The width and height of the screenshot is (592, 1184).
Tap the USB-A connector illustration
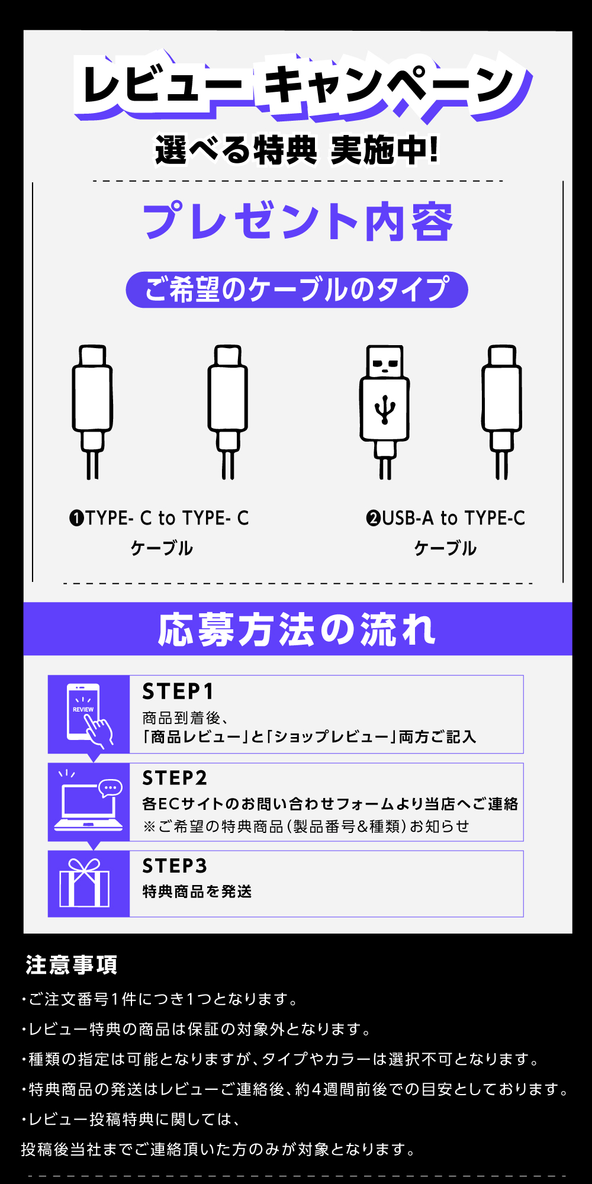pos(385,412)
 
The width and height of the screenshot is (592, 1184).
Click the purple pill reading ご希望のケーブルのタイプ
pos(297,289)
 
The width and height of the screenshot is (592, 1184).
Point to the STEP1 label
pos(178,691)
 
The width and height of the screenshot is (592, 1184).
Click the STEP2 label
pos(175,778)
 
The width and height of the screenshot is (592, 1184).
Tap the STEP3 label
pos(175,866)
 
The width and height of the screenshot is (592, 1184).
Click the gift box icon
pos(85,883)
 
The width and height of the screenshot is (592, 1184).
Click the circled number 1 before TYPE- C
pos(77,519)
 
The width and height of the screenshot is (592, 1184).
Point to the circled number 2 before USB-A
pos(374,519)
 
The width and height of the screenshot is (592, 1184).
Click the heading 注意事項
pos(71,965)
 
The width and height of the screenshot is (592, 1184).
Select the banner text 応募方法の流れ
pos(297,629)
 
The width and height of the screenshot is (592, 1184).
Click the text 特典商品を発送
pos(197,892)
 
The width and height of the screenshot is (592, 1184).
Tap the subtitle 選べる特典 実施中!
pos(297,150)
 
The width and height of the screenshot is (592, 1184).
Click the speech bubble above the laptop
pos(110,788)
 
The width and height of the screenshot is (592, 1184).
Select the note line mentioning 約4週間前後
pos(295,1089)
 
